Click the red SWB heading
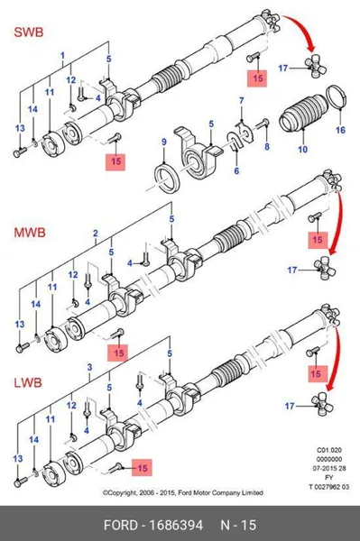click(29, 32)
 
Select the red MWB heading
click(30, 233)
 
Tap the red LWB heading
click(28, 382)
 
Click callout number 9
click(164, 142)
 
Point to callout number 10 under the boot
click(302, 150)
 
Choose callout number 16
click(340, 130)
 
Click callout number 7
click(242, 101)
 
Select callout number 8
click(267, 147)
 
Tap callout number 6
click(236, 170)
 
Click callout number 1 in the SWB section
click(63, 55)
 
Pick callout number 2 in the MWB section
click(96, 234)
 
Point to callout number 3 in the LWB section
click(89, 367)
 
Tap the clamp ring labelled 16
click(336, 96)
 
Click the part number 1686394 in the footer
click(176, 525)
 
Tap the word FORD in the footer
click(121, 525)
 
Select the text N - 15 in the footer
click(238, 525)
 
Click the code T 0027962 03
click(328, 487)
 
